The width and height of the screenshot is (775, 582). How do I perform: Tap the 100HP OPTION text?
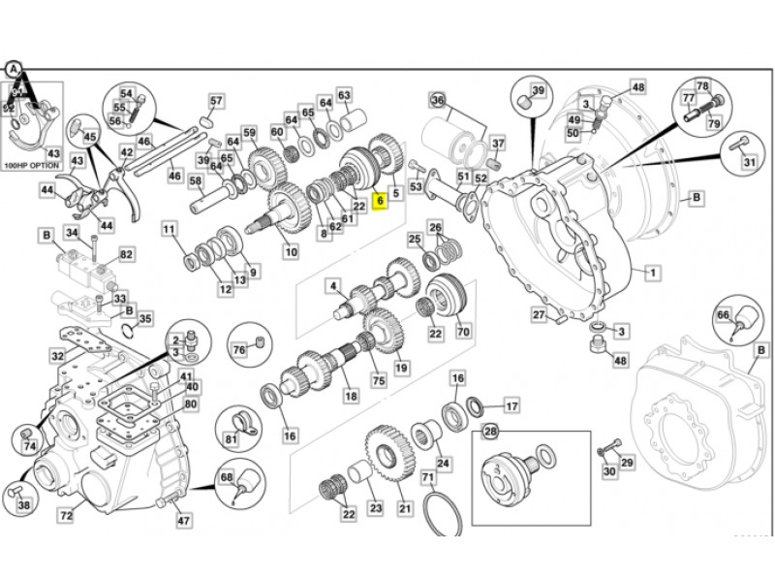32,167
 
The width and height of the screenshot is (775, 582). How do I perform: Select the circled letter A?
13,69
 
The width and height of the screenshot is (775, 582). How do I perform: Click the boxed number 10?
291,251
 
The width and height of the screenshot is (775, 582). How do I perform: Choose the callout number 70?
463,331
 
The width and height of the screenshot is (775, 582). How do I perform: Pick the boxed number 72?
66,516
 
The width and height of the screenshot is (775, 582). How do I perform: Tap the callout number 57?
216,101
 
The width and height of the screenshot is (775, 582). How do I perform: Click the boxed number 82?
126,253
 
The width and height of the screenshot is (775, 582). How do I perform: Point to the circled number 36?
437,101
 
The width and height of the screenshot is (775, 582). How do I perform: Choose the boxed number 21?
406,508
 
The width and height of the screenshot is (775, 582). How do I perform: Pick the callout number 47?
183,520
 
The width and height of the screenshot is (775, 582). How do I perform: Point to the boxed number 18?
351,397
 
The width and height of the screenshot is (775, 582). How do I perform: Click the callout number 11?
170,230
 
